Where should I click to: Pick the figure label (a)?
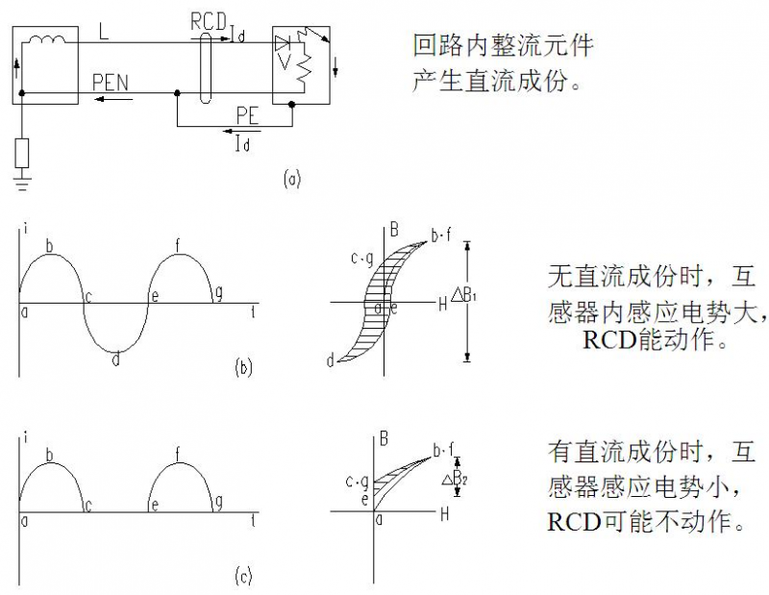[x=292, y=178]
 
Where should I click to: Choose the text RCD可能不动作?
[x=646, y=522]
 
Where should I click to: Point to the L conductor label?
[x=104, y=31]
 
